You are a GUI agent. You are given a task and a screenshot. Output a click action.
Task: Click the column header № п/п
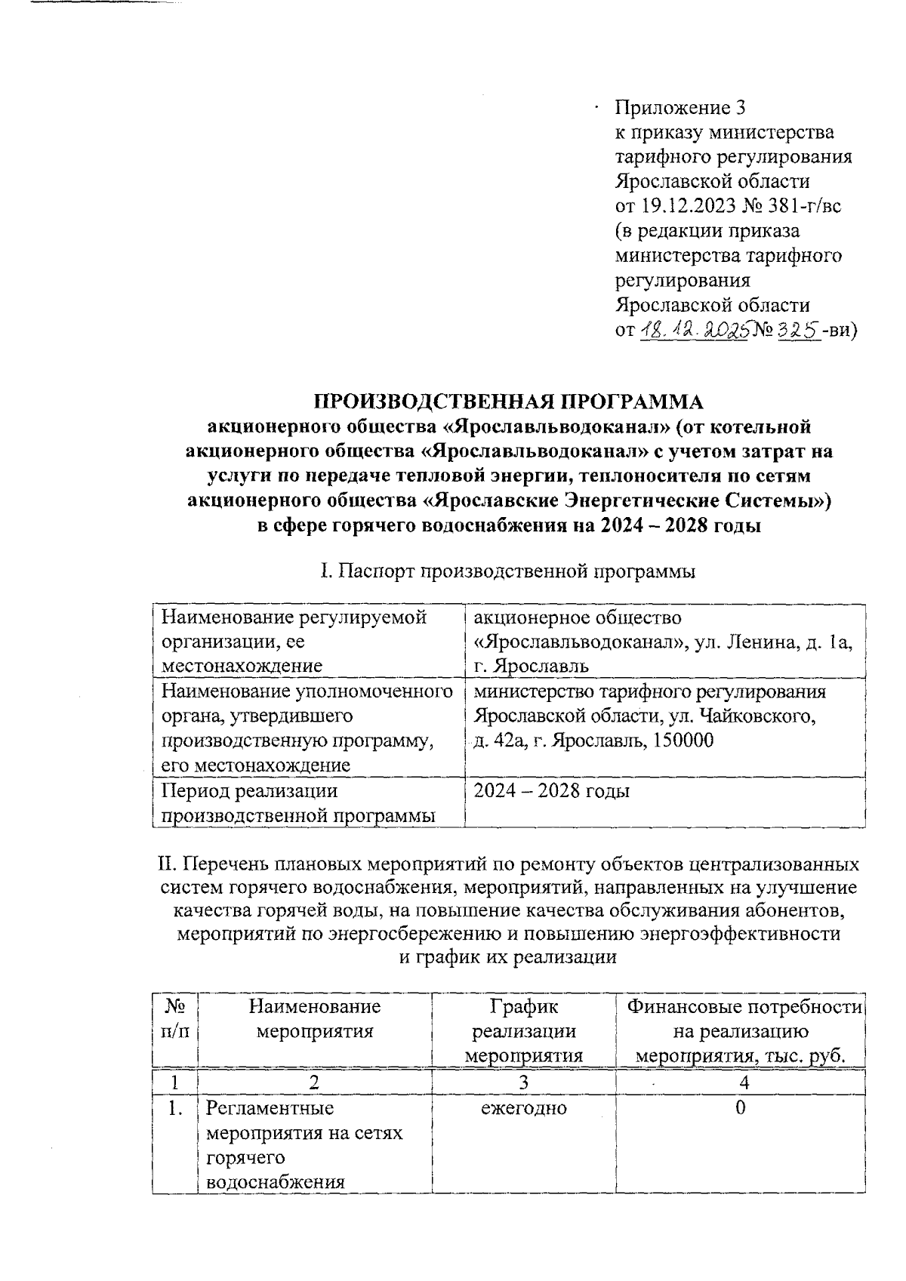[174, 1018]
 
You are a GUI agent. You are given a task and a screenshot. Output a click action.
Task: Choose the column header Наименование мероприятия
[315, 1018]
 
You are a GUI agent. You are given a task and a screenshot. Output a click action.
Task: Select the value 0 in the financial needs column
[740, 1108]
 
